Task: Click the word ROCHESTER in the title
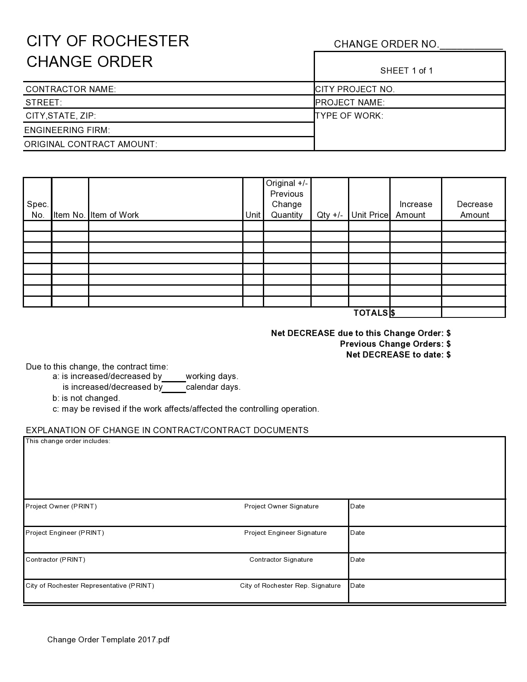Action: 140,41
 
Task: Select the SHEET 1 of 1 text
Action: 406,71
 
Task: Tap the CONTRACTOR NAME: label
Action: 71,89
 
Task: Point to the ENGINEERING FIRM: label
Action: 67,130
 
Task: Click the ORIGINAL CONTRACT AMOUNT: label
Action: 91,144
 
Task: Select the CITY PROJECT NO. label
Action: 355,89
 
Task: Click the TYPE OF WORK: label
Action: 349,116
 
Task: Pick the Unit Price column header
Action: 370,215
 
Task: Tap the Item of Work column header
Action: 114,215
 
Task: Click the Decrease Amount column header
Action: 475,210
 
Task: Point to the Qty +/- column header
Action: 329,215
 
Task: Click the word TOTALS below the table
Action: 371,313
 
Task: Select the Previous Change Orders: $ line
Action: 395,344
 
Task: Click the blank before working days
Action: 174,377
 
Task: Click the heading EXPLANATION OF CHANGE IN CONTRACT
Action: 167,430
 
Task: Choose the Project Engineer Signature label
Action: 285,533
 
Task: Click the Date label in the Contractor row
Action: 357,560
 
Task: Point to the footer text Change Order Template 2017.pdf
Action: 108,640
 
